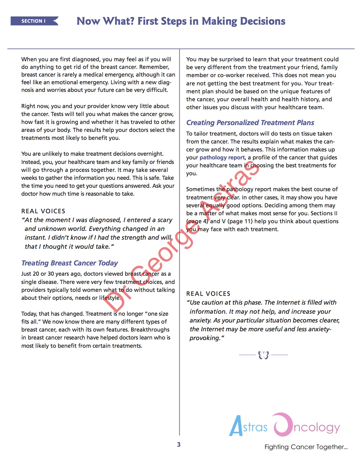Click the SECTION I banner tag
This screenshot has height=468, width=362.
34,21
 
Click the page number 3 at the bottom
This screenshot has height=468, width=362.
179,444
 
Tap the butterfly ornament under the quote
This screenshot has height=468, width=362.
263,355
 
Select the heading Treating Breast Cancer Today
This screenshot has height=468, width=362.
70,263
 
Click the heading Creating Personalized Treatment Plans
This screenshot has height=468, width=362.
250,123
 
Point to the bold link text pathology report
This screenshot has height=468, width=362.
222,157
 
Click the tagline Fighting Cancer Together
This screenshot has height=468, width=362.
306,447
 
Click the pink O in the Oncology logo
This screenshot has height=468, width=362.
283,425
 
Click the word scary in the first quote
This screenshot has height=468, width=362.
165,220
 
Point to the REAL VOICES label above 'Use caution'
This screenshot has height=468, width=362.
208,294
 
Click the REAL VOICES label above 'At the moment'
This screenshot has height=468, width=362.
43,211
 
